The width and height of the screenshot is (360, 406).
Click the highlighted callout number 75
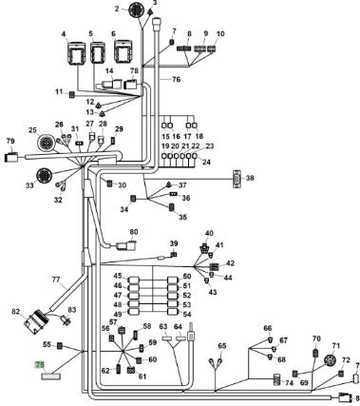click(x=40, y=365)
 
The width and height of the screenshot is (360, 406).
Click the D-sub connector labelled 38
click(x=237, y=179)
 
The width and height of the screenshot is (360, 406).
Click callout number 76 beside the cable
click(x=176, y=79)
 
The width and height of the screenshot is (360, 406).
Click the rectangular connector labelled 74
click(x=277, y=379)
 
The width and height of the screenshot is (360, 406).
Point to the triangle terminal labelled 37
click(x=169, y=184)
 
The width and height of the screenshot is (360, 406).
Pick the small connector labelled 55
click(x=59, y=346)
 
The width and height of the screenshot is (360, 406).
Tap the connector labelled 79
click(x=12, y=157)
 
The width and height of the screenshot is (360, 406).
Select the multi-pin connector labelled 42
click(x=215, y=266)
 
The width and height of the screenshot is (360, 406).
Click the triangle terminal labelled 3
click(x=151, y=11)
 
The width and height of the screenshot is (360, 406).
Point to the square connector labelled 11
click(x=72, y=94)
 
